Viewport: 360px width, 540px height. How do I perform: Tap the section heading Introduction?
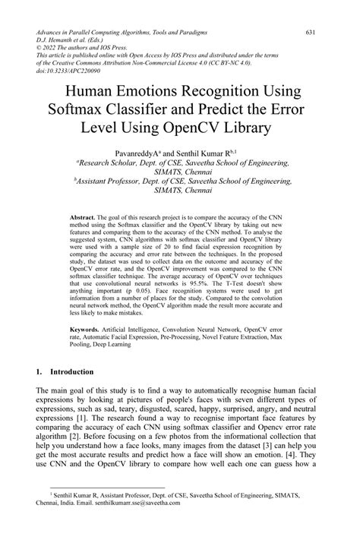73,373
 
